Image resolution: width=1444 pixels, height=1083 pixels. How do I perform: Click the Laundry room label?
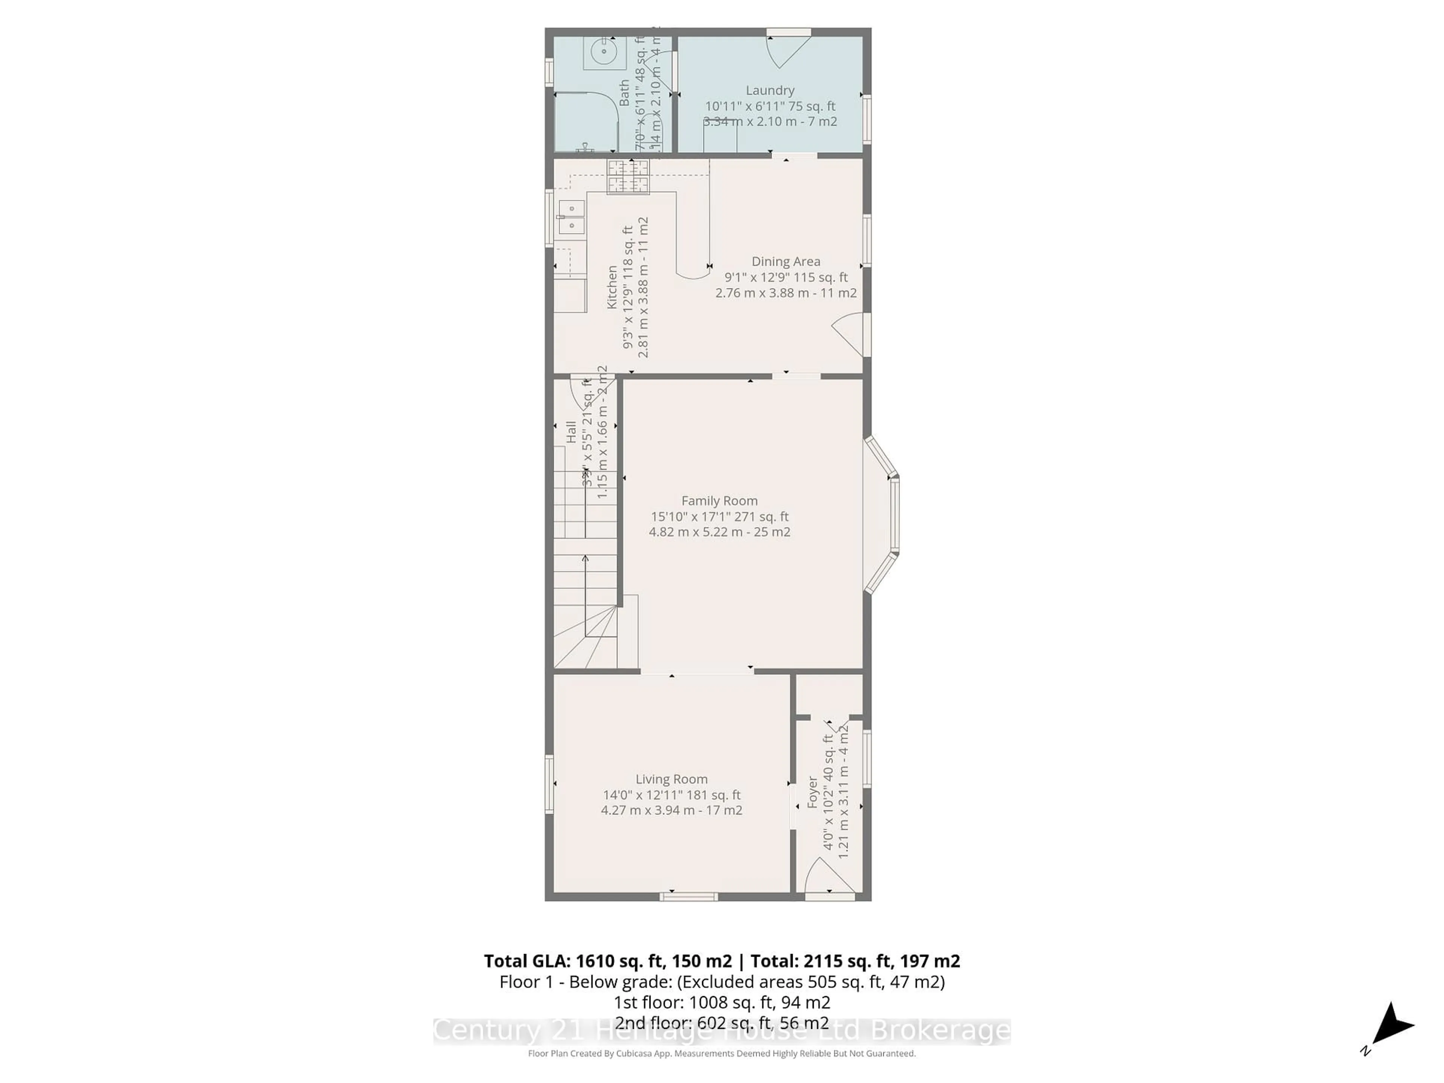(x=770, y=91)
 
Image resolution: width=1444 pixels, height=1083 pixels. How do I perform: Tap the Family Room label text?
(x=719, y=501)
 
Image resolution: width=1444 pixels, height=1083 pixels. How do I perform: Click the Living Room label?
(x=671, y=779)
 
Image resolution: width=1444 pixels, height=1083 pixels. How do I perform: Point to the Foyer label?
(x=812, y=792)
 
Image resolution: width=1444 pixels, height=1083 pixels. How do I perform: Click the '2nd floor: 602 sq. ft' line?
(x=721, y=1023)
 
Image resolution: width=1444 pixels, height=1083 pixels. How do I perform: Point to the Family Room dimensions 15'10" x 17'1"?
(x=719, y=516)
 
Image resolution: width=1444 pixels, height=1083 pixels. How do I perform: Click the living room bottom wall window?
(x=688, y=897)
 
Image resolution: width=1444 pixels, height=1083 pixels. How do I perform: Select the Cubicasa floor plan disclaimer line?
(x=721, y=1053)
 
